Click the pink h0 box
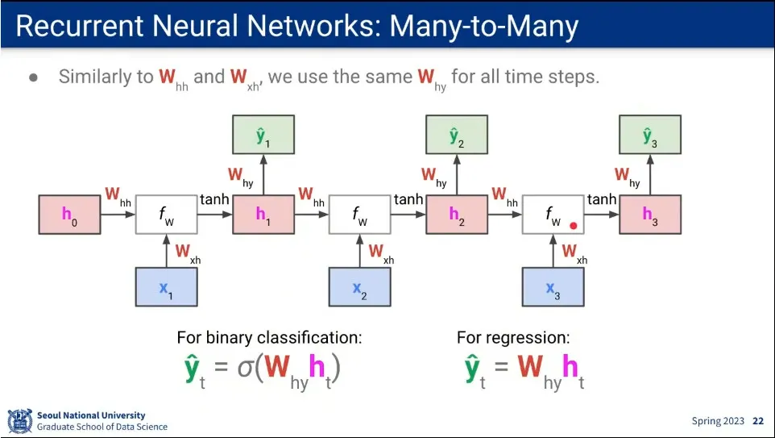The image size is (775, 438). pos(69,215)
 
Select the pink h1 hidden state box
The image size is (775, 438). pos(263,215)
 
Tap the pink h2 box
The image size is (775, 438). pos(457,215)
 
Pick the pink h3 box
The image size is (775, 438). pos(650,215)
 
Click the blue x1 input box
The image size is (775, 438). pos(166,287)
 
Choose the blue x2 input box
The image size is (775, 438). pos(359,287)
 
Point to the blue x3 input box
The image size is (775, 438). pos(553,287)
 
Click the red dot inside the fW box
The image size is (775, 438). pos(574,227)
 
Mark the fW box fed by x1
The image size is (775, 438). pos(166,215)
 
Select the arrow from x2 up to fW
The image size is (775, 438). pos(359,251)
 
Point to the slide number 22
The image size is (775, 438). pos(758,421)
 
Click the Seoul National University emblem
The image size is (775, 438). pos(19,420)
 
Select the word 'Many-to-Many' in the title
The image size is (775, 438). pos(484,27)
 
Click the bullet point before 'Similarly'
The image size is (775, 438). pos(33,77)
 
